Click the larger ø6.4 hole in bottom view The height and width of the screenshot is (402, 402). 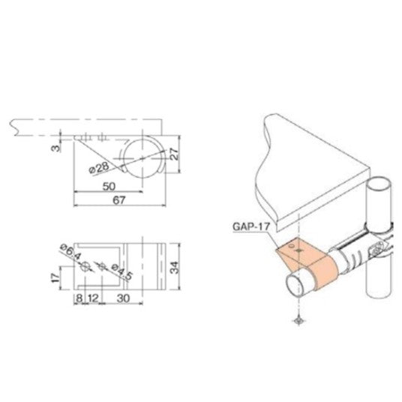[x=87, y=266]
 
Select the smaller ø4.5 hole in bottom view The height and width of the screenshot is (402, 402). [x=101, y=266]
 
